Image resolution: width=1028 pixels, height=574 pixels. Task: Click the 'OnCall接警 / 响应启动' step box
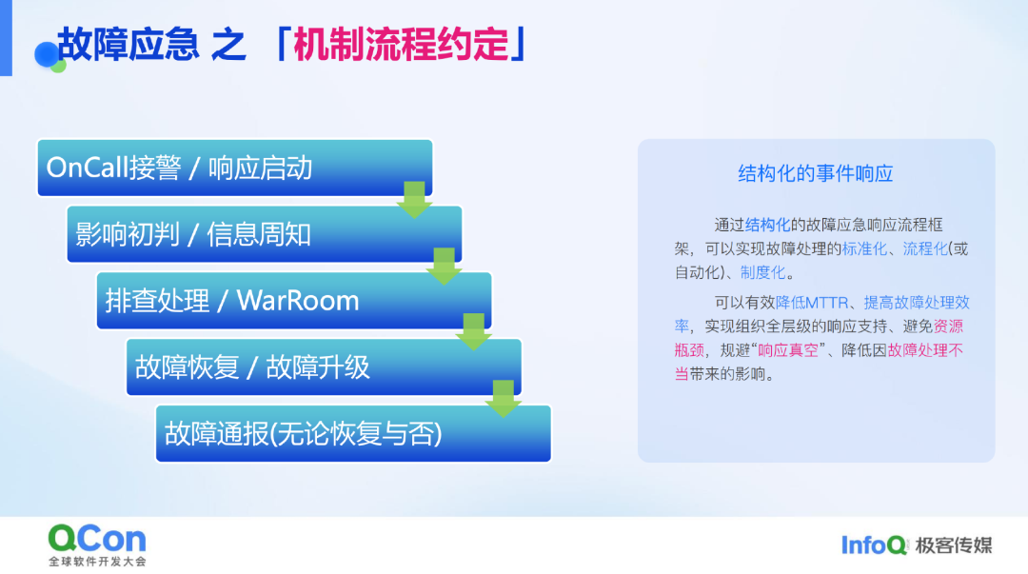(235, 168)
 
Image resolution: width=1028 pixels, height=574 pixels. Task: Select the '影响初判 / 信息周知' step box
(265, 234)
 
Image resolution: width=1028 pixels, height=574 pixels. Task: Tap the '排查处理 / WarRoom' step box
(294, 301)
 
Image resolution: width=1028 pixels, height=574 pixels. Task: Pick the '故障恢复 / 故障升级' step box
(324, 366)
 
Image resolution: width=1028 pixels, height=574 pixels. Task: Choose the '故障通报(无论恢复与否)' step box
(353, 434)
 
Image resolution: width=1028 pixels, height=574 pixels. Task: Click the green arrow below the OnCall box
(414, 200)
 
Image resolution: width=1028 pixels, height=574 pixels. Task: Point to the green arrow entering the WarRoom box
(444, 267)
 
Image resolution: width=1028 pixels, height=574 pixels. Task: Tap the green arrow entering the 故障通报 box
(504, 399)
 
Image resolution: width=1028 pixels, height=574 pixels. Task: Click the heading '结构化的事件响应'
(816, 173)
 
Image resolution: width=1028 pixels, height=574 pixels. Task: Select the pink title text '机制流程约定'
(401, 45)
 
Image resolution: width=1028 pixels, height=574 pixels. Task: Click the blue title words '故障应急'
(128, 45)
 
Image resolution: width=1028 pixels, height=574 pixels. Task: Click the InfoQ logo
(875, 545)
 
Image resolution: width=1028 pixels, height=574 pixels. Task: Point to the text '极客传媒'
(954, 545)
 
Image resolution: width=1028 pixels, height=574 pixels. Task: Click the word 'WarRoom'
(298, 301)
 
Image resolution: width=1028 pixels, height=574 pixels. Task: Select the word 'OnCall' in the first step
(88, 168)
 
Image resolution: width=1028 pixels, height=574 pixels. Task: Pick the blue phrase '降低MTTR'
(812, 303)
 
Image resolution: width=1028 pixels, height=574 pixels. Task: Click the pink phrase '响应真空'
(788, 350)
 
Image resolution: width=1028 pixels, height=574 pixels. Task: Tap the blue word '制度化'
(762, 272)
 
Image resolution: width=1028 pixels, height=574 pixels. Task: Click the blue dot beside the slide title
(46, 54)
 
